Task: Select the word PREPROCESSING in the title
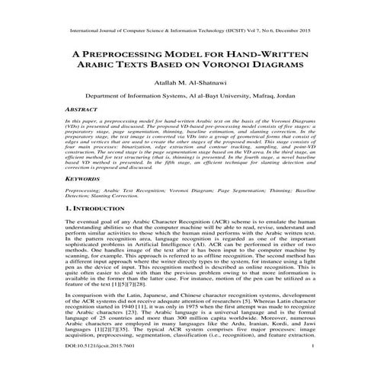click(x=132, y=55)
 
